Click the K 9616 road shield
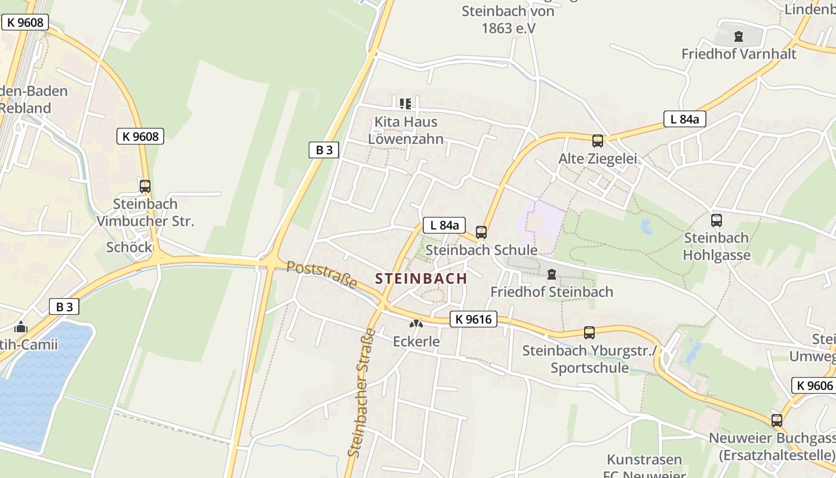pyautogui.click(x=474, y=319)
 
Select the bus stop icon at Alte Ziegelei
pyautogui.click(x=598, y=141)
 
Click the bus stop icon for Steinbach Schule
pyautogui.click(x=481, y=232)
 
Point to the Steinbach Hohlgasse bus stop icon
pyautogui.click(x=717, y=220)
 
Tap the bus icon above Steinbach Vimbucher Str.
pyautogui.click(x=145, y=186)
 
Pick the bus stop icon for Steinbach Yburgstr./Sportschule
pyautogui.click(x=589, y=333)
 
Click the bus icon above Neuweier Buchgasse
pyautogui.click(x=777, y=421)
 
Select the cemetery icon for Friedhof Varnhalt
pyautogui.click(x=739, y=36)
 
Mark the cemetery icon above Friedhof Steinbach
pyautogui.click(x=552, y=274)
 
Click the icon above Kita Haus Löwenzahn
pyautogui.click(x=405, y=104)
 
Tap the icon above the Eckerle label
pyautogui.click(x=416, y=324)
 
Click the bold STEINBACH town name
pyautogui.click(x=421, y=278)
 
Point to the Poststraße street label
pyautogui.click(x=321, y=274)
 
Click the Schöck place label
pyautogui.click(x=129, y=247)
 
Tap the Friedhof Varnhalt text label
pyautogui.click(x=739, y=54)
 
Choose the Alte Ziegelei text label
pyautogui.click(x=598, y=159)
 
